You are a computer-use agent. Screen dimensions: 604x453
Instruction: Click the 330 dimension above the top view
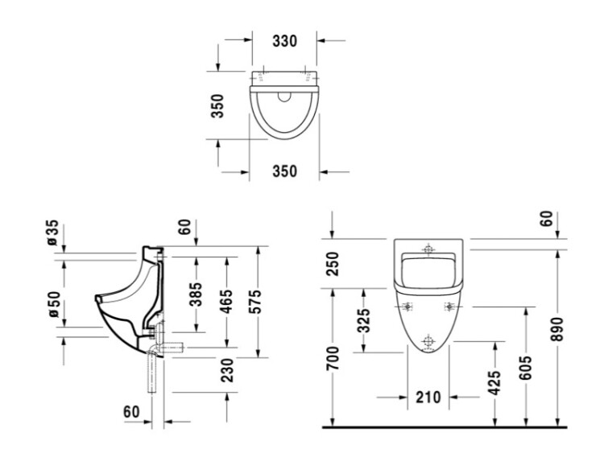click(284, 41)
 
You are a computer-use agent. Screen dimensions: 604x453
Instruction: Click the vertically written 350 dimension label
click(217, 106)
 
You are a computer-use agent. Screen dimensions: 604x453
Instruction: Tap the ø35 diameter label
click(52, 233)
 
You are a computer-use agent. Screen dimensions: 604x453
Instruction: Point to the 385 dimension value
click(196, 294)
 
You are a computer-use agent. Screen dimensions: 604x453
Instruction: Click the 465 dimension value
click(227, 302)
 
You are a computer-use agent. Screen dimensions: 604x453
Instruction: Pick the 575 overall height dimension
click(254, 302)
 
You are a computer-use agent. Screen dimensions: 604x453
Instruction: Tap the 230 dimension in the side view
click(227, 370)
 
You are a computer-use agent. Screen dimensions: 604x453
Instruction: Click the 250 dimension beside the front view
click(333, 264)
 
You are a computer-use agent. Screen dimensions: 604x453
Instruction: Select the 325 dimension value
click(364, 320)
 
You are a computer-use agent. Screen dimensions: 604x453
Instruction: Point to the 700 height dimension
click(333, 358)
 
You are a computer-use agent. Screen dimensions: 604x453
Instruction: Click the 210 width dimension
click(428, 397)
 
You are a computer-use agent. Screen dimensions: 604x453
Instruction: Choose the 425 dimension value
click(494, 383)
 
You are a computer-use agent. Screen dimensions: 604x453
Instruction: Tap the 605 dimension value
click(525, 368)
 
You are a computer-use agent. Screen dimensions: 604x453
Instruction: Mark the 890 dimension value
click(557, 329)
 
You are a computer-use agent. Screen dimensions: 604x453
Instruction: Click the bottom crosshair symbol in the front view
click(428, 341)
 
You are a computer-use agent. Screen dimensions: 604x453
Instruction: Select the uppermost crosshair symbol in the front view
click(428, 249)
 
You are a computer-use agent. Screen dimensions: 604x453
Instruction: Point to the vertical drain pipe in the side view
click(152, 373)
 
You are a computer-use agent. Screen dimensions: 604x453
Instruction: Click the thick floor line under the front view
click(445, 426)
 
